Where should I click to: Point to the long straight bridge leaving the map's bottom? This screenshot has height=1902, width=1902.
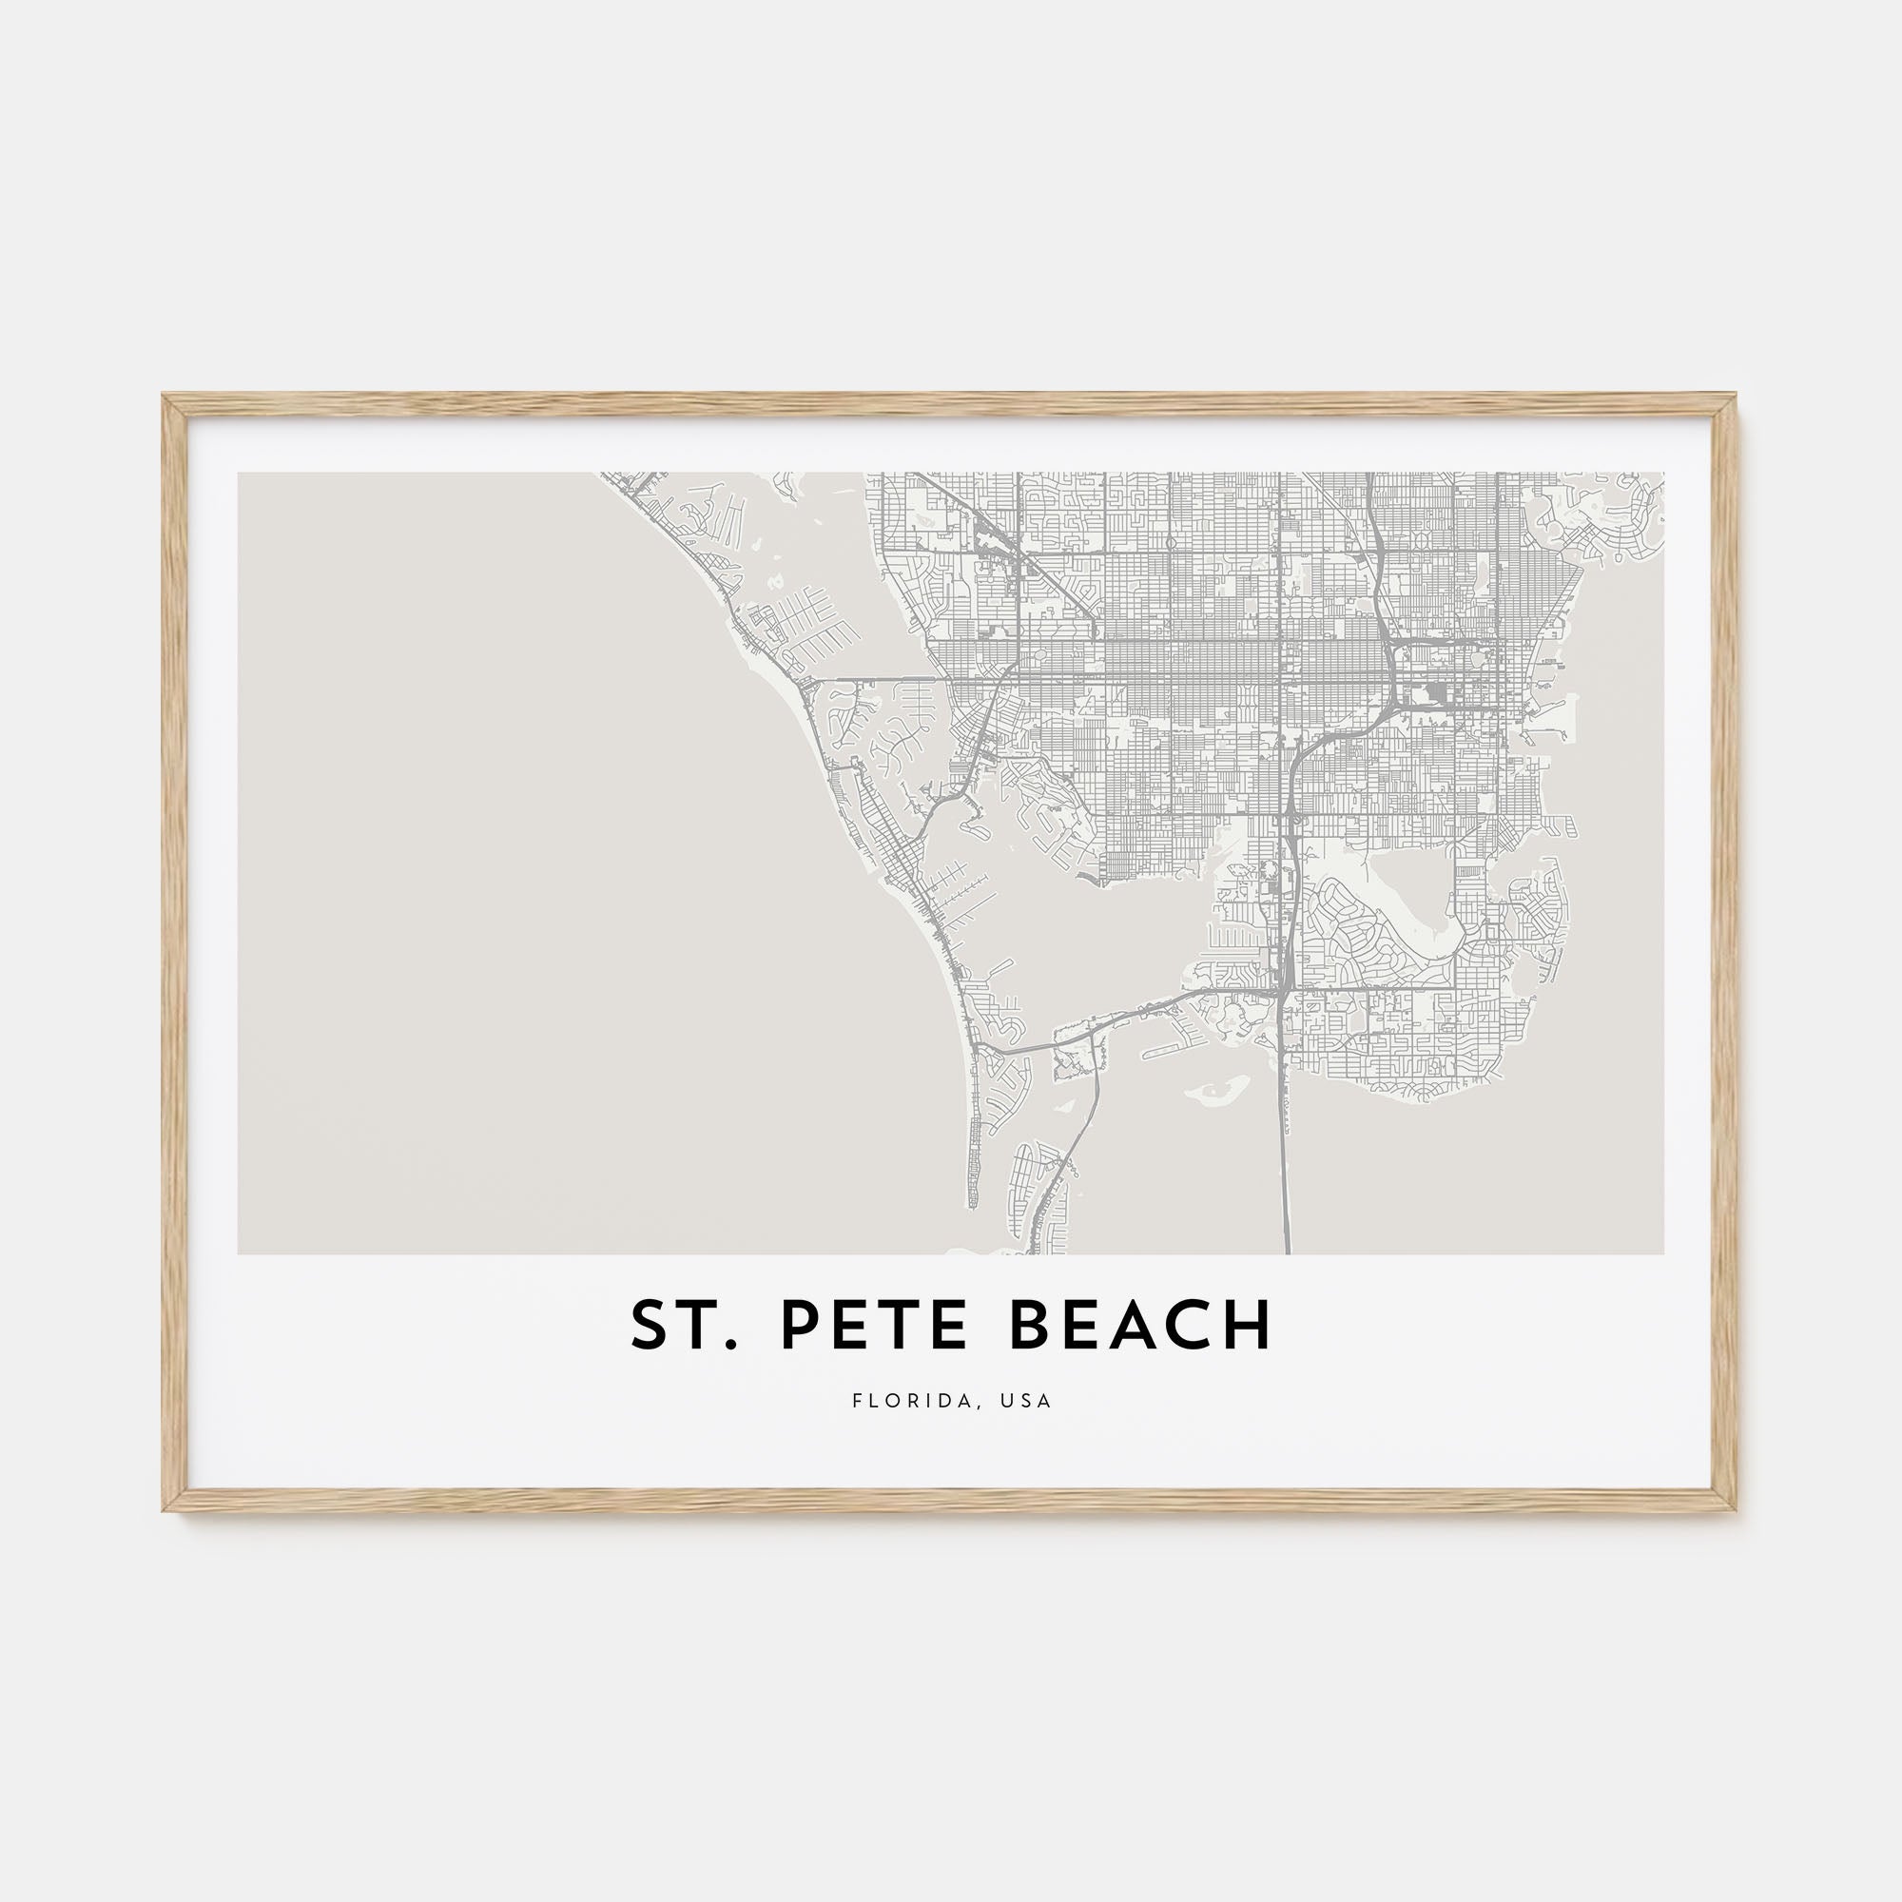pyautogui.click(x=1285, y=1162)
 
